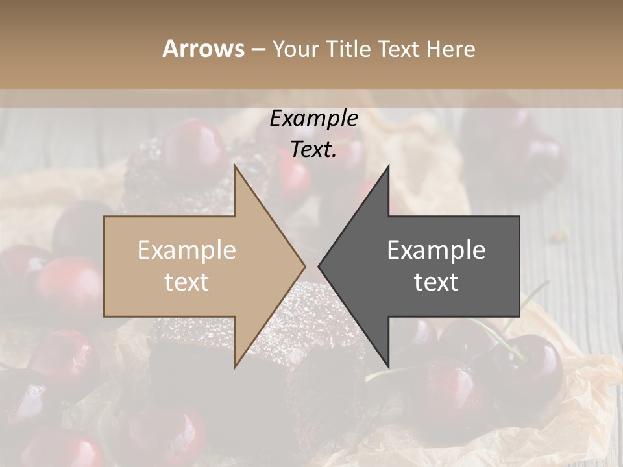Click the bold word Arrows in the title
tap(204, 49)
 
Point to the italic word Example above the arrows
tap(313, 118)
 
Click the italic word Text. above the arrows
tap(313, 149)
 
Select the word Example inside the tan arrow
tap(187, 250)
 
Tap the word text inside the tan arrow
tap(187, 281)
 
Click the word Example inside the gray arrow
tap(436, 250)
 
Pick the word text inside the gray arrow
tap(436, 281)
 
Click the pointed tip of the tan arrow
tap(305, 265)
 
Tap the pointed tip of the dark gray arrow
tap(319, 265)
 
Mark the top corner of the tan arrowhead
tap(235, 166)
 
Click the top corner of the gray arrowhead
tap(388, 166)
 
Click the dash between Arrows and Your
tap(258, 49)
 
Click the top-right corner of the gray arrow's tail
tap(519, 217)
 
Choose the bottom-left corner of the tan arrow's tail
tap(104, 316)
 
